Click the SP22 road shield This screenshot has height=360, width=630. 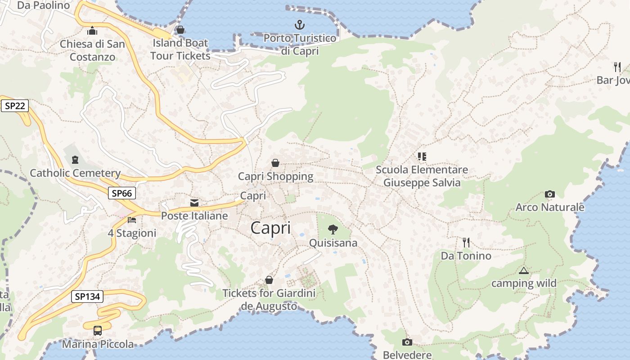tap(15, 106)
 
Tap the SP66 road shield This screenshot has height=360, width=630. tap(121, 193)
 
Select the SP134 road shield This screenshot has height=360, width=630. tap(87, 297)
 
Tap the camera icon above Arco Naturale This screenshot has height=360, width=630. tap(549, 194)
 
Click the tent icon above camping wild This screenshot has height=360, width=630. tap(523, 270)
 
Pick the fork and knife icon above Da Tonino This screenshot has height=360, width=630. tap(466, 242)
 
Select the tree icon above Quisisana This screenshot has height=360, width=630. tap(333, 229)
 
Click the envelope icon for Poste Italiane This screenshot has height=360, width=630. tap(194, 203)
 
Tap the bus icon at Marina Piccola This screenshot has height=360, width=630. tap(98, 331)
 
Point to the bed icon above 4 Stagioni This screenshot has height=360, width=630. tap(132, 220)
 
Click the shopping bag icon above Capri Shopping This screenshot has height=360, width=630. tap(275, 163)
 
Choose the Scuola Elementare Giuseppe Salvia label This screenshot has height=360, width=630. tap(422, 176)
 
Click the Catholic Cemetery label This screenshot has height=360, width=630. tap(75, 173)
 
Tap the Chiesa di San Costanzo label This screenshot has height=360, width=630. tap(92, 50)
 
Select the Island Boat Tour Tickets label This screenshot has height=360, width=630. tap(180, 49)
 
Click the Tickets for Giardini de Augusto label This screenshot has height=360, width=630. tap(269, 300)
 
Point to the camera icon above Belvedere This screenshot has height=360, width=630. tap(407, 342)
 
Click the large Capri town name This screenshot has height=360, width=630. tap(270, 228)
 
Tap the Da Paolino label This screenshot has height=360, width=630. tap(44, 5)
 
